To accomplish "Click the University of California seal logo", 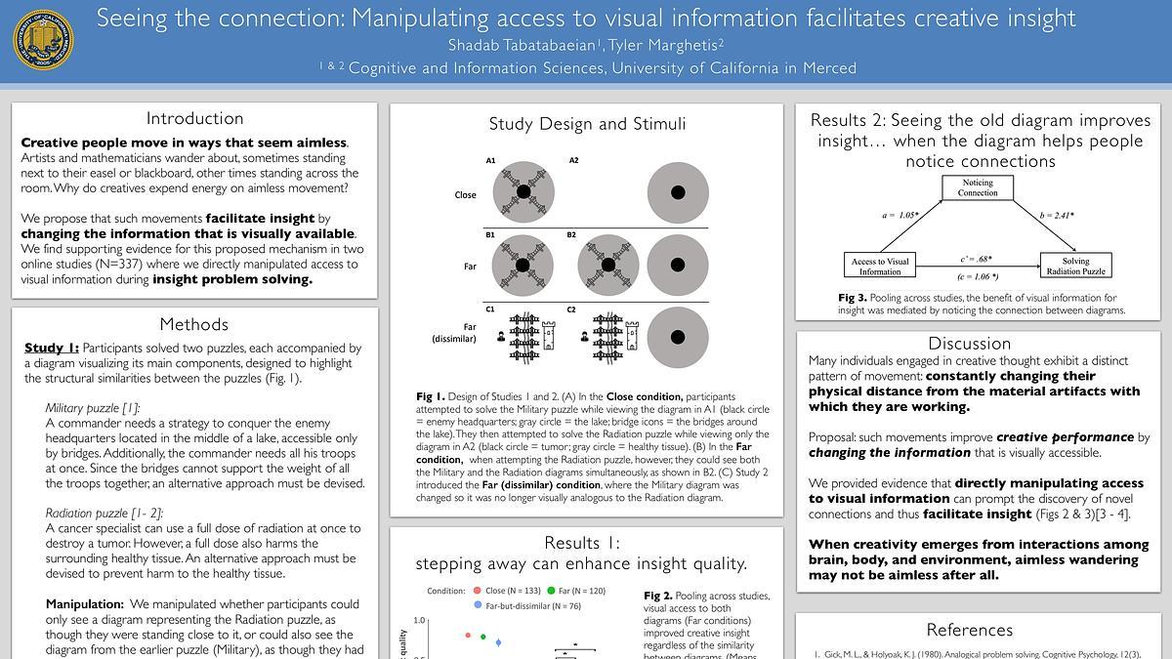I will (43, 40).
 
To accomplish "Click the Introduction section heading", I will (194, 118).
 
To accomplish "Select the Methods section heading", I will (194, 324).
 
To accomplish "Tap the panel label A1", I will (490, 160).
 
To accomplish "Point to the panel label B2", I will (572, 235).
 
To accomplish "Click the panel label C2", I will (571, 309).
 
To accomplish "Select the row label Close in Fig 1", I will (465, 194).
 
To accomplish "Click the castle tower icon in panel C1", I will (547, 334).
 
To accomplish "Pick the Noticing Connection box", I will (977, 187).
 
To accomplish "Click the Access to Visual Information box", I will (880, 266).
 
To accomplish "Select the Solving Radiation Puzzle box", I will (1075, 266).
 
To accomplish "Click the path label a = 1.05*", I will (900, 215).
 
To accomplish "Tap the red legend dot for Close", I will (477, 591).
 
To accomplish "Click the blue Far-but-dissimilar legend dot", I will (477, 605).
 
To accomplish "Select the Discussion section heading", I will (969, 344).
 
